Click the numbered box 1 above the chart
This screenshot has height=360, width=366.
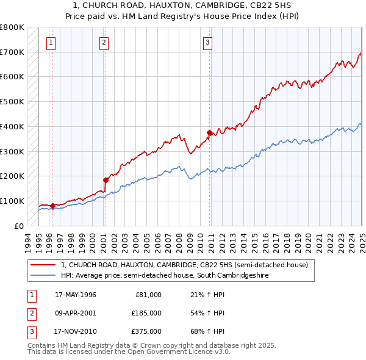pos(50,42)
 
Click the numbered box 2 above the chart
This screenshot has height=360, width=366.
pos(104,42)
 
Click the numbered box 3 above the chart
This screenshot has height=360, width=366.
pos(208,42)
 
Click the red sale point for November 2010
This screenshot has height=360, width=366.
pos(209,132)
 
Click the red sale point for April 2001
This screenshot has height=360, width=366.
pos(106,180)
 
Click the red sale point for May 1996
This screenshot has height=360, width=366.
pos(52,206)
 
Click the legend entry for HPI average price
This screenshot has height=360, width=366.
pos(164,275)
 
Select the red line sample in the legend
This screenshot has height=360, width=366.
pos(43,265)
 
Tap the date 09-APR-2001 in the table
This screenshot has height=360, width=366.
pos(76,313)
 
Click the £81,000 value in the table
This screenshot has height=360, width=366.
pos(148,295)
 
